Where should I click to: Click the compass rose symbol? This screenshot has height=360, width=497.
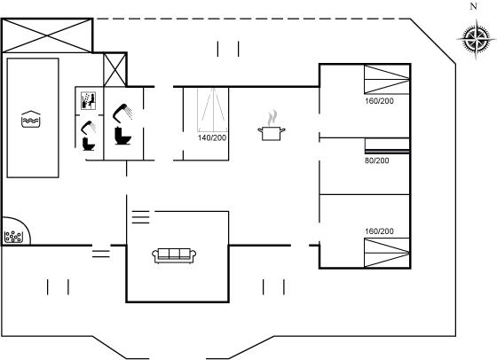476,39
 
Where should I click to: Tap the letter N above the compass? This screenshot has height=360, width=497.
473,6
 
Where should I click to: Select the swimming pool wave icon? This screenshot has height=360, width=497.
31,119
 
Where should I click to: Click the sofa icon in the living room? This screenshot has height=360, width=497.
174,255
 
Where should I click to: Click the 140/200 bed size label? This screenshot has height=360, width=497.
212,137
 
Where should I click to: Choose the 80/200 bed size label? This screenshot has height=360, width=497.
376,160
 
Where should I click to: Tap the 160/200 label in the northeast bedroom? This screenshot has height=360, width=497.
379,101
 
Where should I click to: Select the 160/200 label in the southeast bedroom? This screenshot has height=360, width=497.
379,231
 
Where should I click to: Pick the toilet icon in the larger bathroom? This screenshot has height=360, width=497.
123,136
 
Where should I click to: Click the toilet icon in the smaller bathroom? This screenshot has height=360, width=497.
89,144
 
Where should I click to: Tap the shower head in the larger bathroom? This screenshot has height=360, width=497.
122,113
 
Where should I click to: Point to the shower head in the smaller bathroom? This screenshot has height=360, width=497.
89,128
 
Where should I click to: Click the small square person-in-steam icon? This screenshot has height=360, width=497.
88,101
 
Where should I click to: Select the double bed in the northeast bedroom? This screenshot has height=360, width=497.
387,80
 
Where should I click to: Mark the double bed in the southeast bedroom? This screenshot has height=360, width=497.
387,253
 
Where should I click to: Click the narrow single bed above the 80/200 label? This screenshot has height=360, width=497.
387,145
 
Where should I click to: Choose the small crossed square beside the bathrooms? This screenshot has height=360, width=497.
115,70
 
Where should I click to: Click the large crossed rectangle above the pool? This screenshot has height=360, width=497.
47,35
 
